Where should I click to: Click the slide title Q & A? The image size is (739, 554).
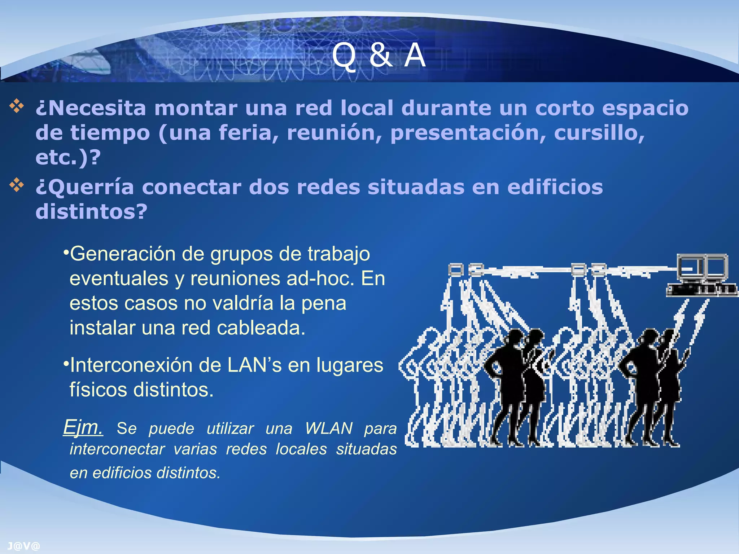379,55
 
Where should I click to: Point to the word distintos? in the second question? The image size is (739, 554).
92,212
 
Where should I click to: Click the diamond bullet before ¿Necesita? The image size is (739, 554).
17,106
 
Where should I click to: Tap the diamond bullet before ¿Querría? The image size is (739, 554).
17,185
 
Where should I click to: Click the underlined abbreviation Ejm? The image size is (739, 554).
83,428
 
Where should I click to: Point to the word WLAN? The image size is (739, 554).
329,428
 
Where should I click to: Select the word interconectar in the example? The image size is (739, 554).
117,449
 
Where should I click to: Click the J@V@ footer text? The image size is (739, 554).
23,546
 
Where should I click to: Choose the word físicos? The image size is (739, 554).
99,390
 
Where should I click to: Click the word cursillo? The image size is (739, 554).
599,133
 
